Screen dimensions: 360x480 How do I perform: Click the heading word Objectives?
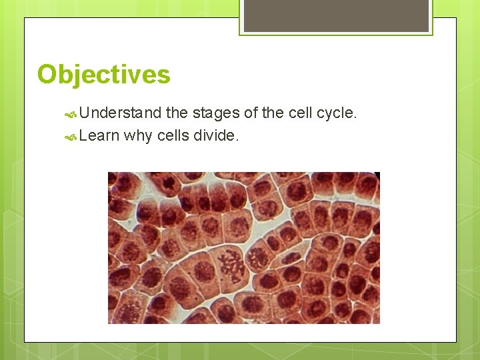coord(103,74)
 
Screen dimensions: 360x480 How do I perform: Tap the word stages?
coord(216,113)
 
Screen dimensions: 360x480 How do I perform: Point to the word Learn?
coord(99,136)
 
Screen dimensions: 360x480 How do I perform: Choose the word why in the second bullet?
coord(138,136)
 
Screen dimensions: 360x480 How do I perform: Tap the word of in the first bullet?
coord(251,113)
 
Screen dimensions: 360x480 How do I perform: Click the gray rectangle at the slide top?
coord(336,15)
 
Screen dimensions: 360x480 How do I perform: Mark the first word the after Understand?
coord(177,113)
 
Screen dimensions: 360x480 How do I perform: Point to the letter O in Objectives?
coord(47,74)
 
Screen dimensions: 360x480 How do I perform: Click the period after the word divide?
coord(237,141)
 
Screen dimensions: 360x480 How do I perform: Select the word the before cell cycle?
coord(273,113)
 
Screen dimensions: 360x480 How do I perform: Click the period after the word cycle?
coord(356,118)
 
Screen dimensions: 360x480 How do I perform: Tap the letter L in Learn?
coord(83,136)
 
